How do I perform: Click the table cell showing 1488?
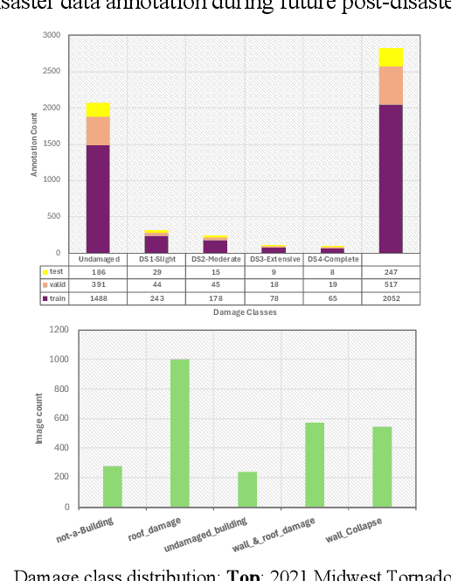tap(99, 299)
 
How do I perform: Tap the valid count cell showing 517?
tap(391, 286)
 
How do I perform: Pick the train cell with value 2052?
tap(391, 299)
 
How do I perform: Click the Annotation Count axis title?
tap(35, 145)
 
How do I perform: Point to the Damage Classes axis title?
tap(245, 312)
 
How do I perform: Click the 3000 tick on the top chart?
tap(53, 36)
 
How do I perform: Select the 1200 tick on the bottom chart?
tap(58, 330)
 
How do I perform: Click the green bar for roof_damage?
tap(180, 433)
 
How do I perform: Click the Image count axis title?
tap(38, 418)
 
